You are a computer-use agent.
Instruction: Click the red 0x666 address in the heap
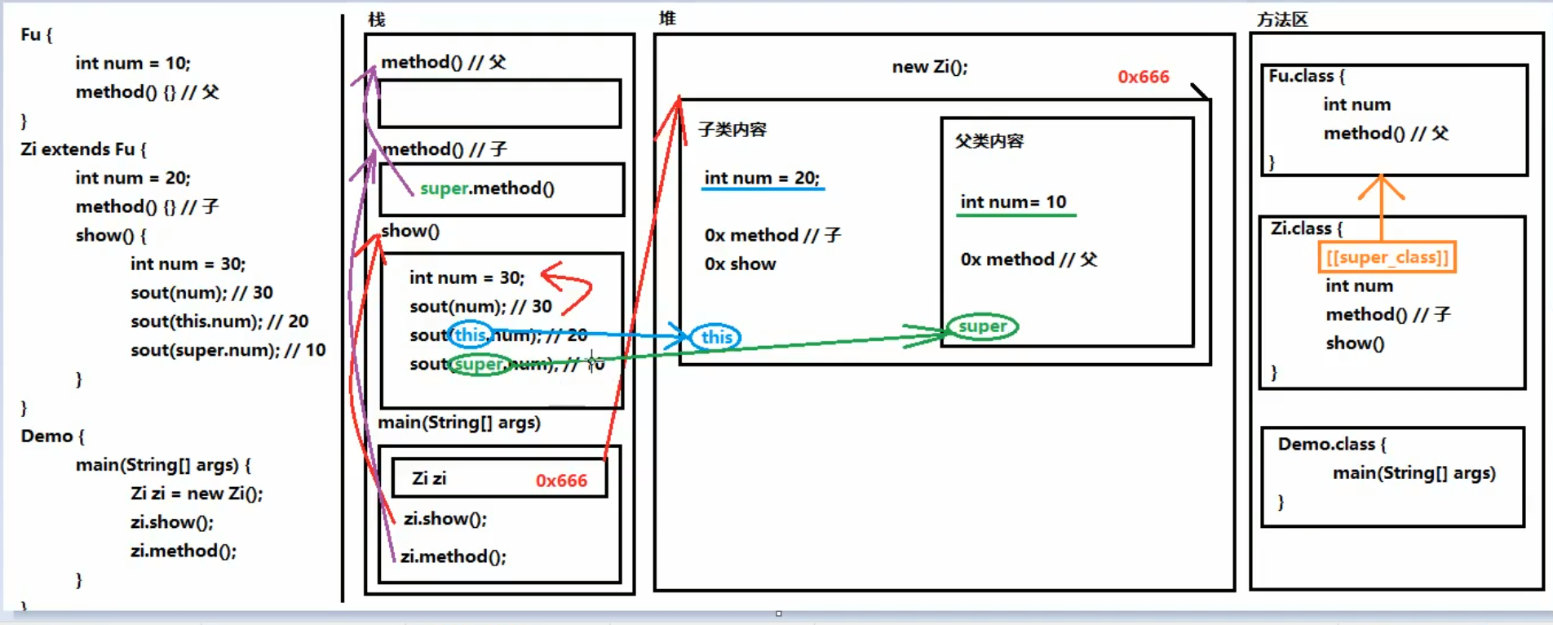click(x=1143, y=77)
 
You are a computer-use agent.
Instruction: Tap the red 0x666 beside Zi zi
click(x=561, y=481)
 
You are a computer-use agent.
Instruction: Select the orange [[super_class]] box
click(x=1387, y=258)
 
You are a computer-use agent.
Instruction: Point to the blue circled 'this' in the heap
click(x=716, y=337)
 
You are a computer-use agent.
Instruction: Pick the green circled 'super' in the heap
click(x=982, y=326)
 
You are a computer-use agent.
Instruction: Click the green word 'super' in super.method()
click(x=444, y=188)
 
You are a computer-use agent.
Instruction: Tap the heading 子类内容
click(x=732, y=130)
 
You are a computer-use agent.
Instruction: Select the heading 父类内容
click(x=989, y=141)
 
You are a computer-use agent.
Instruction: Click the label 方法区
click(x=1281, y=20)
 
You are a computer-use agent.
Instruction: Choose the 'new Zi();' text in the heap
click(x=929, y=67)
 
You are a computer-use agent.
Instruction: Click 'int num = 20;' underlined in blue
click(x=762, y=178)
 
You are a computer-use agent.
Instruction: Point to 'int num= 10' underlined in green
click(x=1013, y=202)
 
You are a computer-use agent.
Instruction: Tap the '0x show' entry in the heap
click(x=740, y=264)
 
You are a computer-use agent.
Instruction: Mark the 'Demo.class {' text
click(x=1331, y=445)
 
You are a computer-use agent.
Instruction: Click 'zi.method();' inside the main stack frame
click(x=454, y=556)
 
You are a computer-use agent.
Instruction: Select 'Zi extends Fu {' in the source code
click(x=84, y=149)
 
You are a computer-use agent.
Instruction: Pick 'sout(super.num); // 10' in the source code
click(x=228, y=350)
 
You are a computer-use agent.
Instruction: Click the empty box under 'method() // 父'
click(x=499, y=104)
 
